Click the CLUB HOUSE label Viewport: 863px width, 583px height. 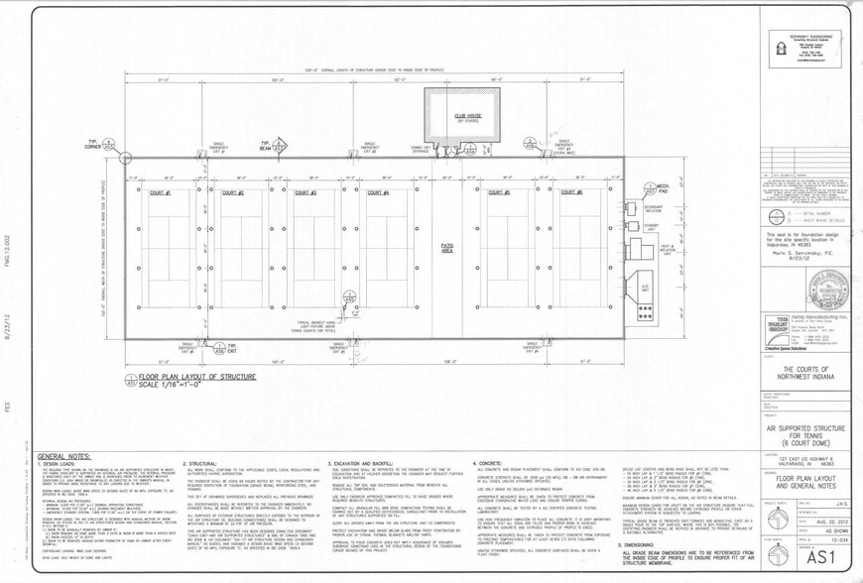pyautogui.click(x=466, y=116)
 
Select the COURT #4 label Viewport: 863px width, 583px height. pyautogui.click(x=378, y=192)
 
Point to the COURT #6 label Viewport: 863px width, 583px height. pyautogui.click(x=572, y=192)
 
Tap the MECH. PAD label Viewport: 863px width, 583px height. pyautogui.click(x=659, y=187)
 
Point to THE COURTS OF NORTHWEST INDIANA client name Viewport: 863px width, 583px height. pyautogui.click(x=804, y=368)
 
